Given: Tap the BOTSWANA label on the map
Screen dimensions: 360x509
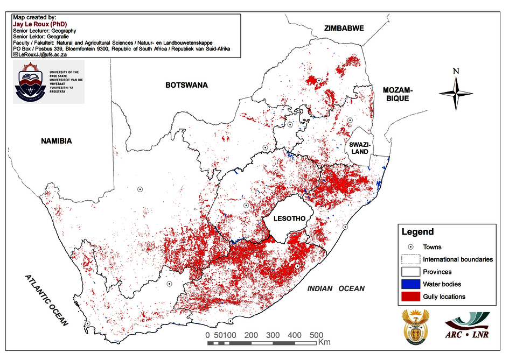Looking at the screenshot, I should pyautogui.click(x=186, y=85).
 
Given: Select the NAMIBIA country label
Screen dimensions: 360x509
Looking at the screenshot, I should pyautogui.click(x=56, y=141).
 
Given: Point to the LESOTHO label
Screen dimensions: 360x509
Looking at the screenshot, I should pyautogui.click(x=289, y=218).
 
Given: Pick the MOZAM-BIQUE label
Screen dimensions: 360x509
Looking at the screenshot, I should pyautogui.click(x=397, y=94).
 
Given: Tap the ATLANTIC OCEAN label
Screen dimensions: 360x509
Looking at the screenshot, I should pyautogui.click(x=47, y=300).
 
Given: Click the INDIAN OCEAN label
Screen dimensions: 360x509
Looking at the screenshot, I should pyautogui.click(x=336, y=289).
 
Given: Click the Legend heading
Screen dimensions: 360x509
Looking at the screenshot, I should pyautogui.click(x=417, y=232).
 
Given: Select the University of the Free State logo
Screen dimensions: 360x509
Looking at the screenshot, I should pyautogui.click(x=48, y=82).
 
